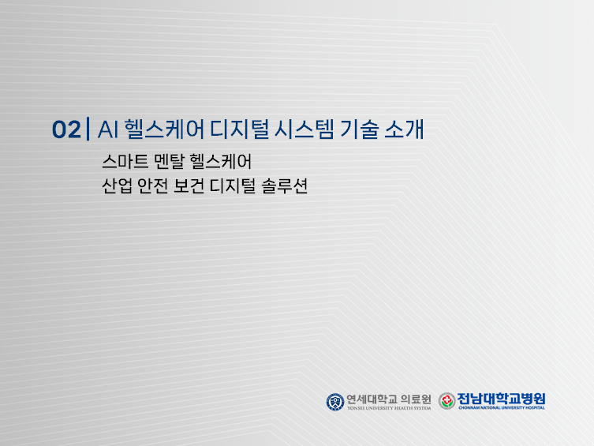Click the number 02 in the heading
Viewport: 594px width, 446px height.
pyautogui.click(x=65, y=130)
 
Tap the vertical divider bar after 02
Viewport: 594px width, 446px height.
pyautogui.click(x=87, y=129)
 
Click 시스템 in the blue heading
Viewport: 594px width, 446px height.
pyautogui.click(x=297, y=129)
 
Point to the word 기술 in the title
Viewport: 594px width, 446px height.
pyautogui.click(x=357, y=129)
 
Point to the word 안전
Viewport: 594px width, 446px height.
pyautogui.click(x=160, y=189)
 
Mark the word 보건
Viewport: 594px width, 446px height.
pyautogui.click(x=202, y=189)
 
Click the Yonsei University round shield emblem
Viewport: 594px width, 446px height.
pyautogui.click(x=335, y=401)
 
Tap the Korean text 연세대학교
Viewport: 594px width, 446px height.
pyautogui.click(x=372, y=398)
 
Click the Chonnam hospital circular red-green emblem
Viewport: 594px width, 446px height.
pyautogui.click(x=447, y=401)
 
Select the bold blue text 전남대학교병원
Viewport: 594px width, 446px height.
pyautogui.click(x=502, y=398)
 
